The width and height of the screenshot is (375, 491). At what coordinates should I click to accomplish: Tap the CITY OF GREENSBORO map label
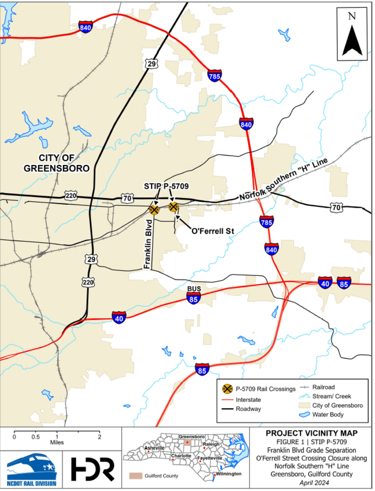click(x=56, y=163)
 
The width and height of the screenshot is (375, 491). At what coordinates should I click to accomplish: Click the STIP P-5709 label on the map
click(x=166, y=186)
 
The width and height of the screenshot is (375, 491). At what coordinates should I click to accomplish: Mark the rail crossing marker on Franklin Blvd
click(x=154, y=210)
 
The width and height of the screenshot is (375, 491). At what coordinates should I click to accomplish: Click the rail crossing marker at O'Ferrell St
click(x=173, y=207)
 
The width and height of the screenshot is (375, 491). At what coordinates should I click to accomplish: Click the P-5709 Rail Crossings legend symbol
click(x=227, y=388)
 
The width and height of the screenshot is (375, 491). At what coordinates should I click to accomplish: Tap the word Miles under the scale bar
click(x=57, y=442)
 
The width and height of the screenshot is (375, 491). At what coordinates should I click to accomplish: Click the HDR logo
click(x=93, y=468)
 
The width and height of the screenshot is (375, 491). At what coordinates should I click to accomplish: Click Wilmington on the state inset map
click(x=228, y=474)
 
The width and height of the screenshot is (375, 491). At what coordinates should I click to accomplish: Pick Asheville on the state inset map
click(x=155, y=448)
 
